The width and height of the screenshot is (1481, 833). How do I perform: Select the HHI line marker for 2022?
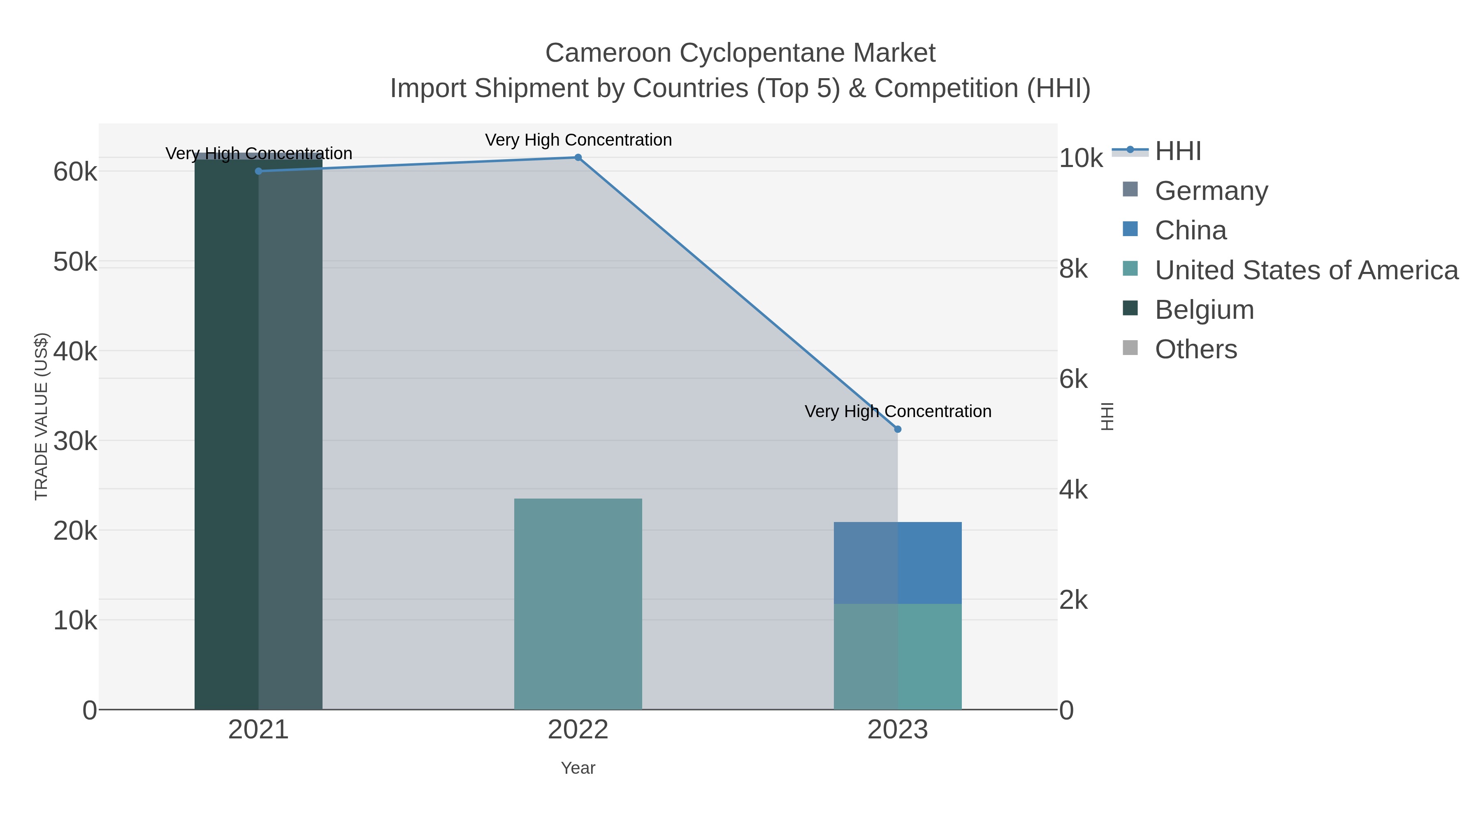coord(578,158)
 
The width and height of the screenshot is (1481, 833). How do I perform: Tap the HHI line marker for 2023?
coord(898,429)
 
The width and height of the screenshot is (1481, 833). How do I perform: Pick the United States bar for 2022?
coord(578,603)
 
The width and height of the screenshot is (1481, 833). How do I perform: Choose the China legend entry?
coord(1190,230)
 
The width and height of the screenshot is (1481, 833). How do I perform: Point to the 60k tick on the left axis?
coord(75,171)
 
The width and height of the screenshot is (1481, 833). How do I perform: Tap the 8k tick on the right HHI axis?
coord(1073,269)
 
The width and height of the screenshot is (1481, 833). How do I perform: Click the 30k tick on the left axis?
coord(75,441)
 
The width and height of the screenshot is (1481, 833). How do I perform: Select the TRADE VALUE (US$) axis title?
coord(42,416)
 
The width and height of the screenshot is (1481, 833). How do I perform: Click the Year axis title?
coord(578,768)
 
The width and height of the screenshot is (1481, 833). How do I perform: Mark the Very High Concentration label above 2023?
coord(898,412)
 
